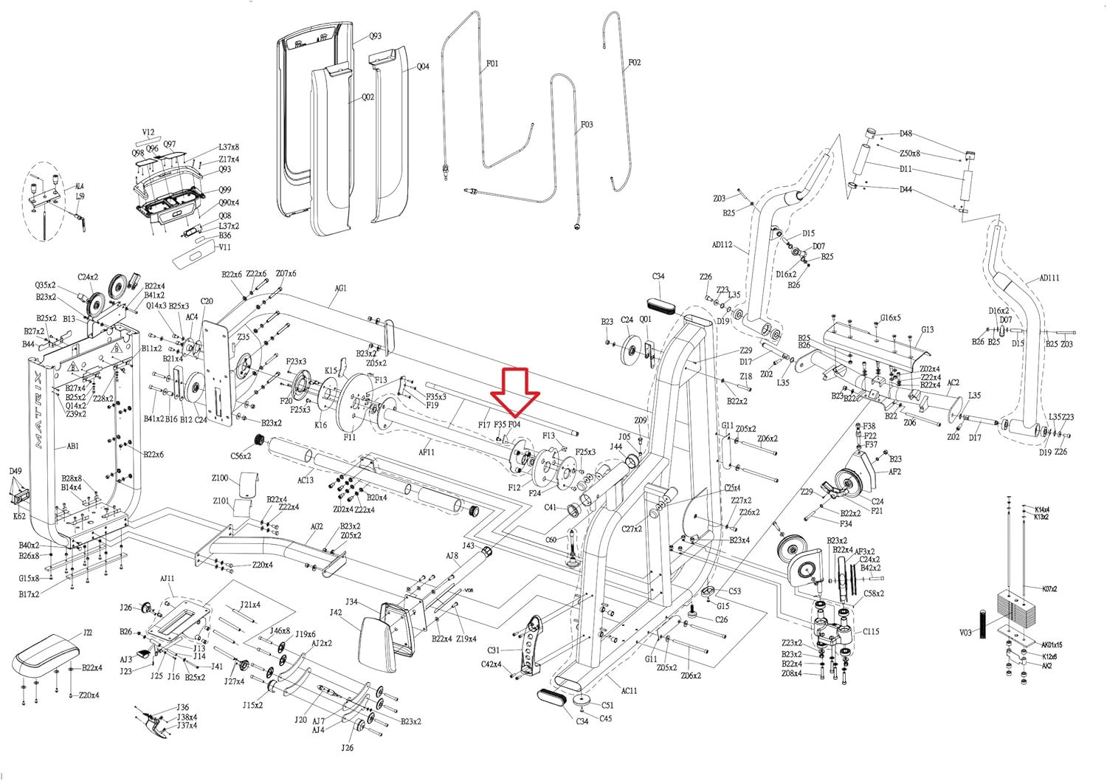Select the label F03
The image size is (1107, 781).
587,125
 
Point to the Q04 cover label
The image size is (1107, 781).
423,66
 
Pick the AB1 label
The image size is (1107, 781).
73,447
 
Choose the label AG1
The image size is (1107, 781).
340,288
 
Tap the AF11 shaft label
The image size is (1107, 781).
427,451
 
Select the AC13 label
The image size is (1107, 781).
305,480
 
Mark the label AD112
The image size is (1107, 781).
722,244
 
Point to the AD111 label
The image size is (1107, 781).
1049,278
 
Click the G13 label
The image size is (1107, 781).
928,330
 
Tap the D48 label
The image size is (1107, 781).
906,134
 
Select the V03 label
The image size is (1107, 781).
965,633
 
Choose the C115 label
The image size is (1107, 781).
871,631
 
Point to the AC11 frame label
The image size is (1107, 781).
629,691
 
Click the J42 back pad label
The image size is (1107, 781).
336,612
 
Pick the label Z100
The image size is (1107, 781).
220,478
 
